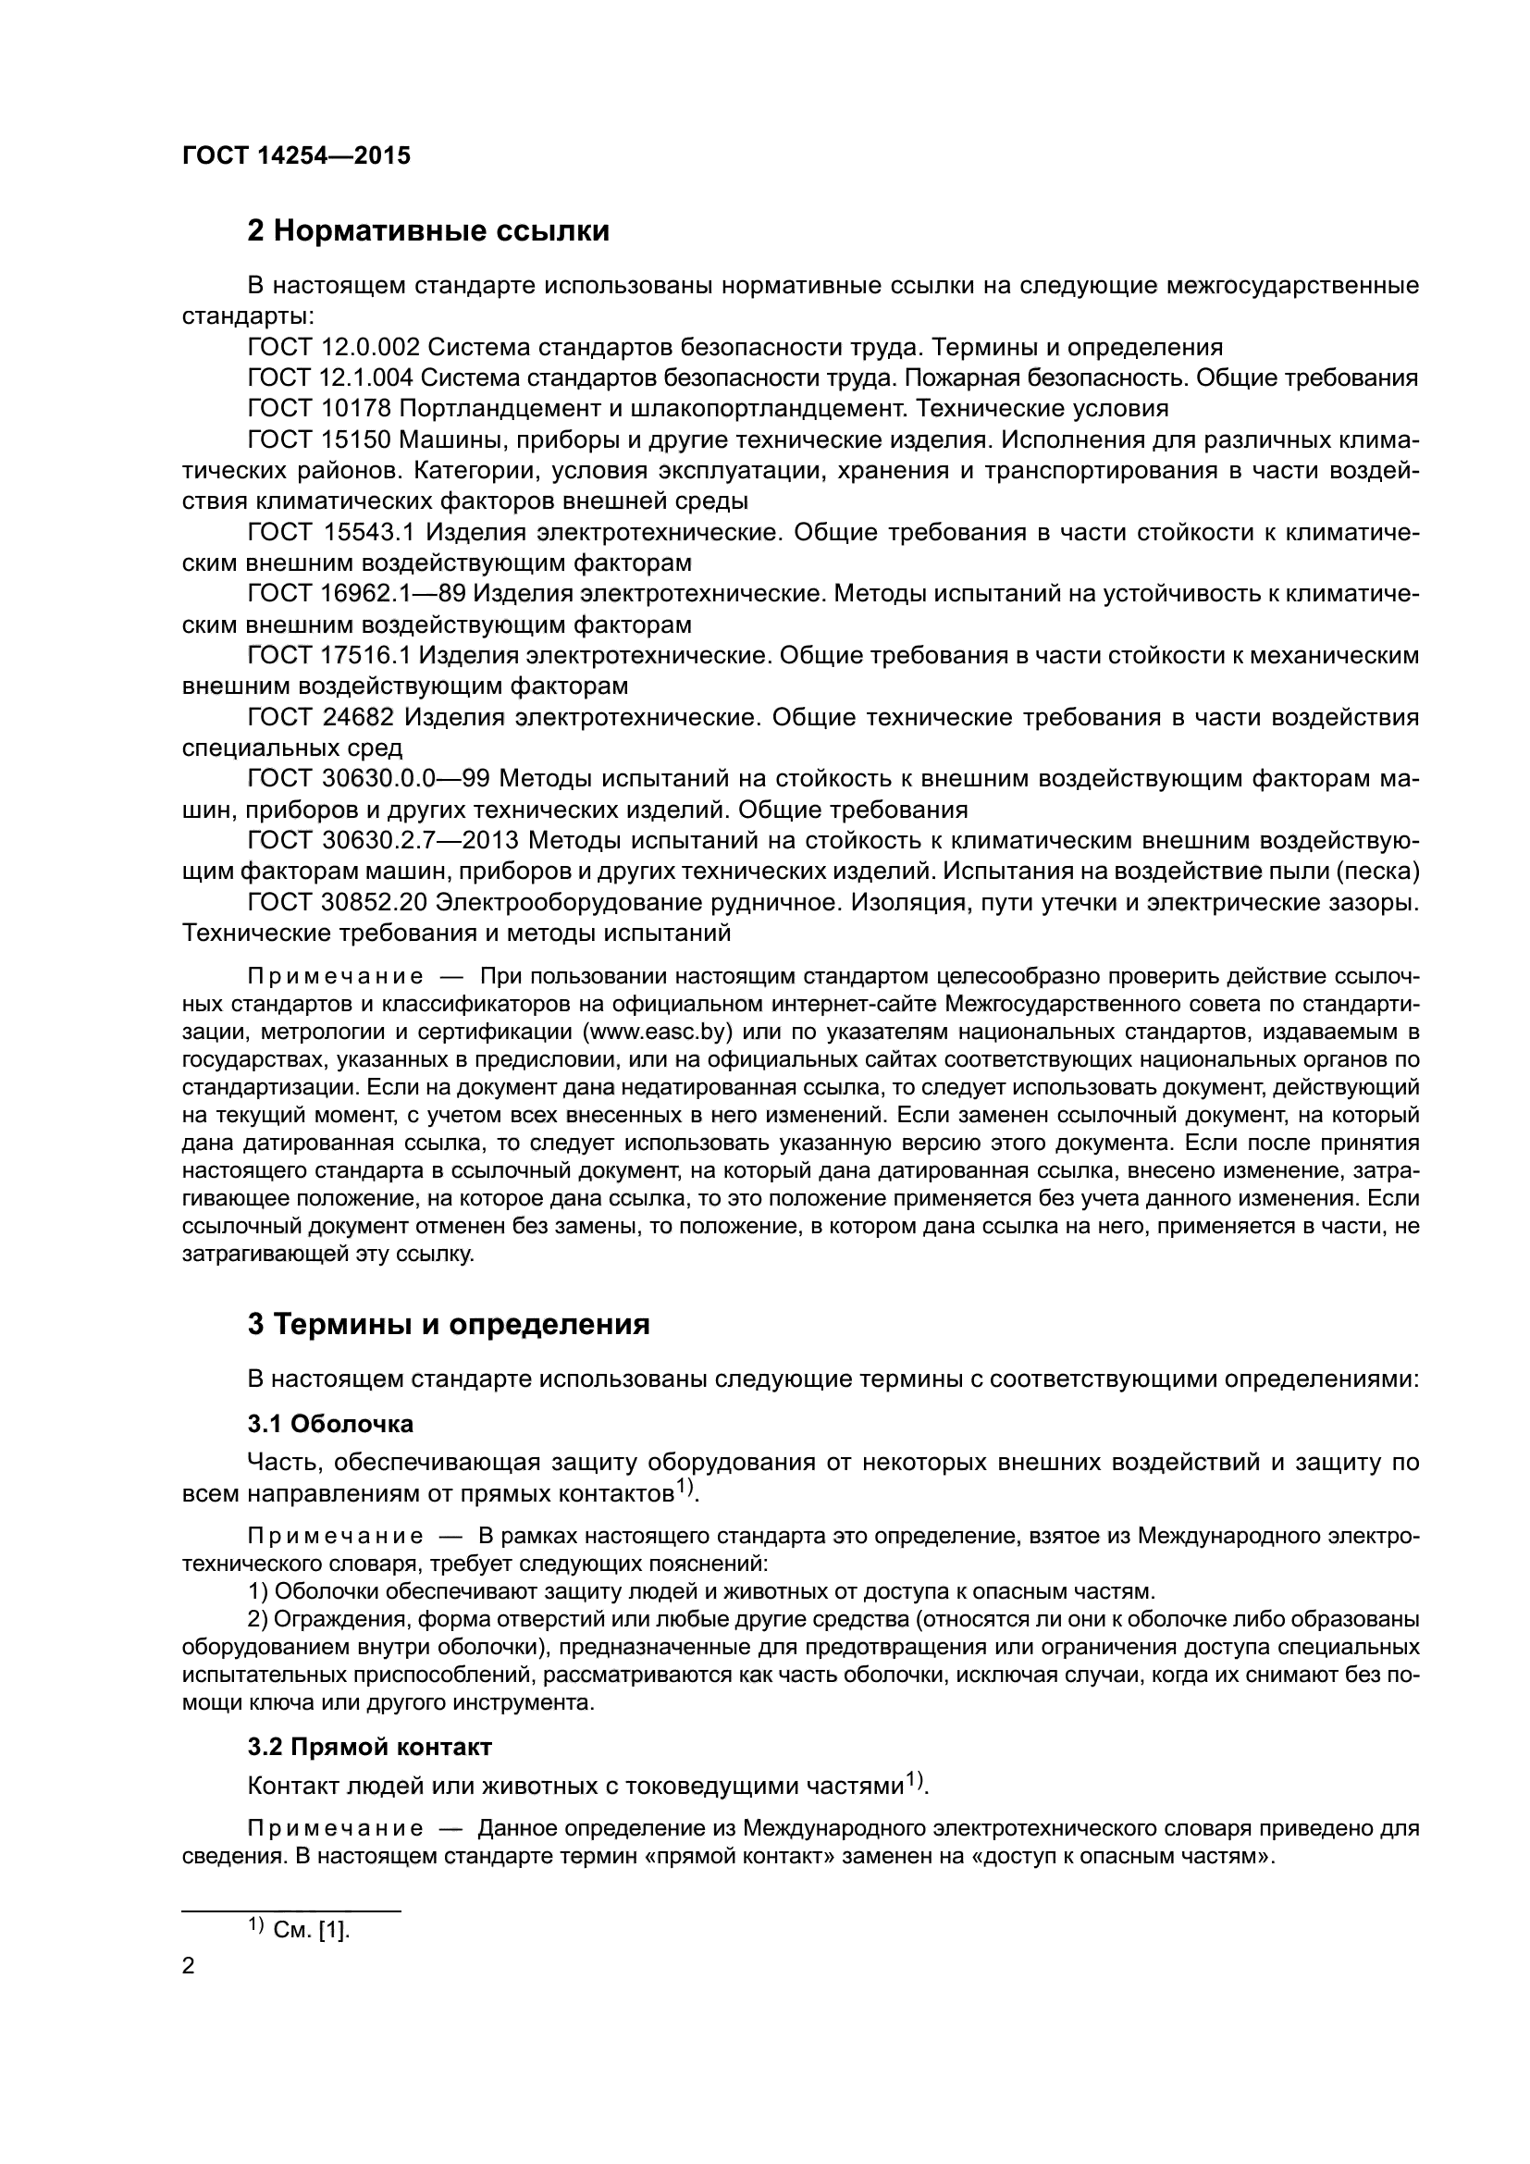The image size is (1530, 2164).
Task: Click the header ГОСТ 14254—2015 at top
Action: [296, 155]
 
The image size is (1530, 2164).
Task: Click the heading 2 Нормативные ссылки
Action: [427, 231]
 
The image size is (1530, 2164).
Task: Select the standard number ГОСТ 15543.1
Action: [330, 533]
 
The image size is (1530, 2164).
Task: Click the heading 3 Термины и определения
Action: [449, 1324]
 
